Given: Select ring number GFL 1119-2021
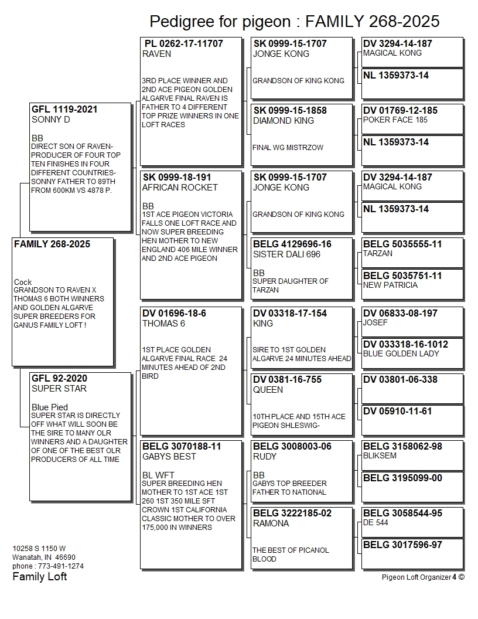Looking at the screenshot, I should point(64,110).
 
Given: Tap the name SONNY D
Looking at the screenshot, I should point(51,120).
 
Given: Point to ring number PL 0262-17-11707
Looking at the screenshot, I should point(183,43).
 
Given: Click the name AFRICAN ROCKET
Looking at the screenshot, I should point(180,188).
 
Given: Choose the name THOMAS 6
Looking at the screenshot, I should point(163,324).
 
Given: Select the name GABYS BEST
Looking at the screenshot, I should point(169,457).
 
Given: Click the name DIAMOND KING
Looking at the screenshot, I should point(284,121).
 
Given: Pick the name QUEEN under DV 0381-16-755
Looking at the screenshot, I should point(268,390).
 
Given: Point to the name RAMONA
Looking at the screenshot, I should point(271,523).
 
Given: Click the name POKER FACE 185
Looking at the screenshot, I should point(395,120).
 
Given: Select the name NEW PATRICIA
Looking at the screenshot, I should point(390,285).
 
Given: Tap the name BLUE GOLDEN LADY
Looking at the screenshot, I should point(401,353).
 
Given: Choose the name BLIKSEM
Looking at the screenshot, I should point(380,455).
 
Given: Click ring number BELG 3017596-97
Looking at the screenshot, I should point(402,545).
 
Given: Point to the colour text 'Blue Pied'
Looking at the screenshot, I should point(50,407).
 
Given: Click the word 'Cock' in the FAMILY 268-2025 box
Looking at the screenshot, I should point(23,282).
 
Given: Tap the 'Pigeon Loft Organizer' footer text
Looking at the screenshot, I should point(416,577).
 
